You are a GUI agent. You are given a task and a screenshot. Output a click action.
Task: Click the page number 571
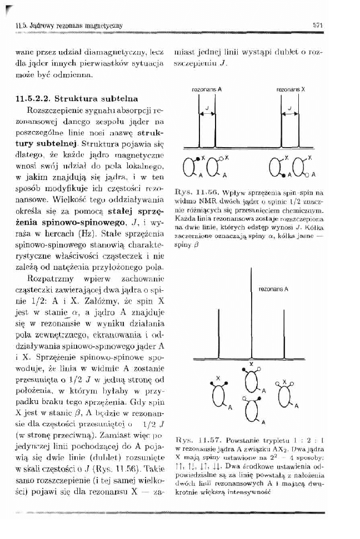pyautogui.click(x=318, y=24)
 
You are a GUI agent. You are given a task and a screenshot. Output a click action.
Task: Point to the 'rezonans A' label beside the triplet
pyautogui.click(x=273, y=289)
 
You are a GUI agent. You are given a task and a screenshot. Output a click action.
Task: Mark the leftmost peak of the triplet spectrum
pyautogui.click(x=219, y=339)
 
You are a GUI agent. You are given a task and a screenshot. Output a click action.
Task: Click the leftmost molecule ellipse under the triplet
pyautogui.click(x=219, y=395)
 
